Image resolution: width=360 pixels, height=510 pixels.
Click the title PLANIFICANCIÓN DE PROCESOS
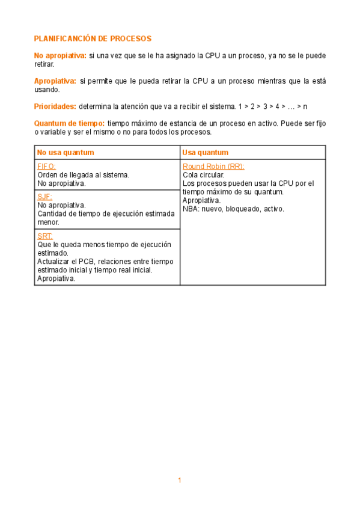tap(93, 38)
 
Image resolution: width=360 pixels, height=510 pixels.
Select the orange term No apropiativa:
tap(60, 55)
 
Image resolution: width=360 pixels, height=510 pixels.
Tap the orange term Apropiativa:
tap(55, 81)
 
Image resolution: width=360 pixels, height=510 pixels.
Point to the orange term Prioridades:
tap(55, 106)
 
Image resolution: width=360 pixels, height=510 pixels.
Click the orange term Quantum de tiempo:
tap(69, 123)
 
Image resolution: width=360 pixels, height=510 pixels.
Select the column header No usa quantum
tap(66, 152)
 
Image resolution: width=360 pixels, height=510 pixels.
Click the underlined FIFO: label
tap(47, 167)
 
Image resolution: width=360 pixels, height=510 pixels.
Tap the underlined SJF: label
tap(44, 196)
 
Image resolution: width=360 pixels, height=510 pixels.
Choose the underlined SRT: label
tap(45, 236)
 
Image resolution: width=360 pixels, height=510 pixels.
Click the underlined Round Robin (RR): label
tap(213, 167)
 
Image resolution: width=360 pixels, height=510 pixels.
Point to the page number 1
tap(179, 480)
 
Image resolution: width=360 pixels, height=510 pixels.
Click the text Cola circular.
tap(203, 175)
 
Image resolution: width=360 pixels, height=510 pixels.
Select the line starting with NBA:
tap(233, 209)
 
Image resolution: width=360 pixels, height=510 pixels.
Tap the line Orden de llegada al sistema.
tap(83, 175)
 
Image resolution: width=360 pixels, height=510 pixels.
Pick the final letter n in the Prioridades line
tap(305, 106)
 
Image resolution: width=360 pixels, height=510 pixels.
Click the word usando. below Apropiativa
tap(47, 89)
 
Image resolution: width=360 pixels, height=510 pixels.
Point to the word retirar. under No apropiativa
tap(44, 64)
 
